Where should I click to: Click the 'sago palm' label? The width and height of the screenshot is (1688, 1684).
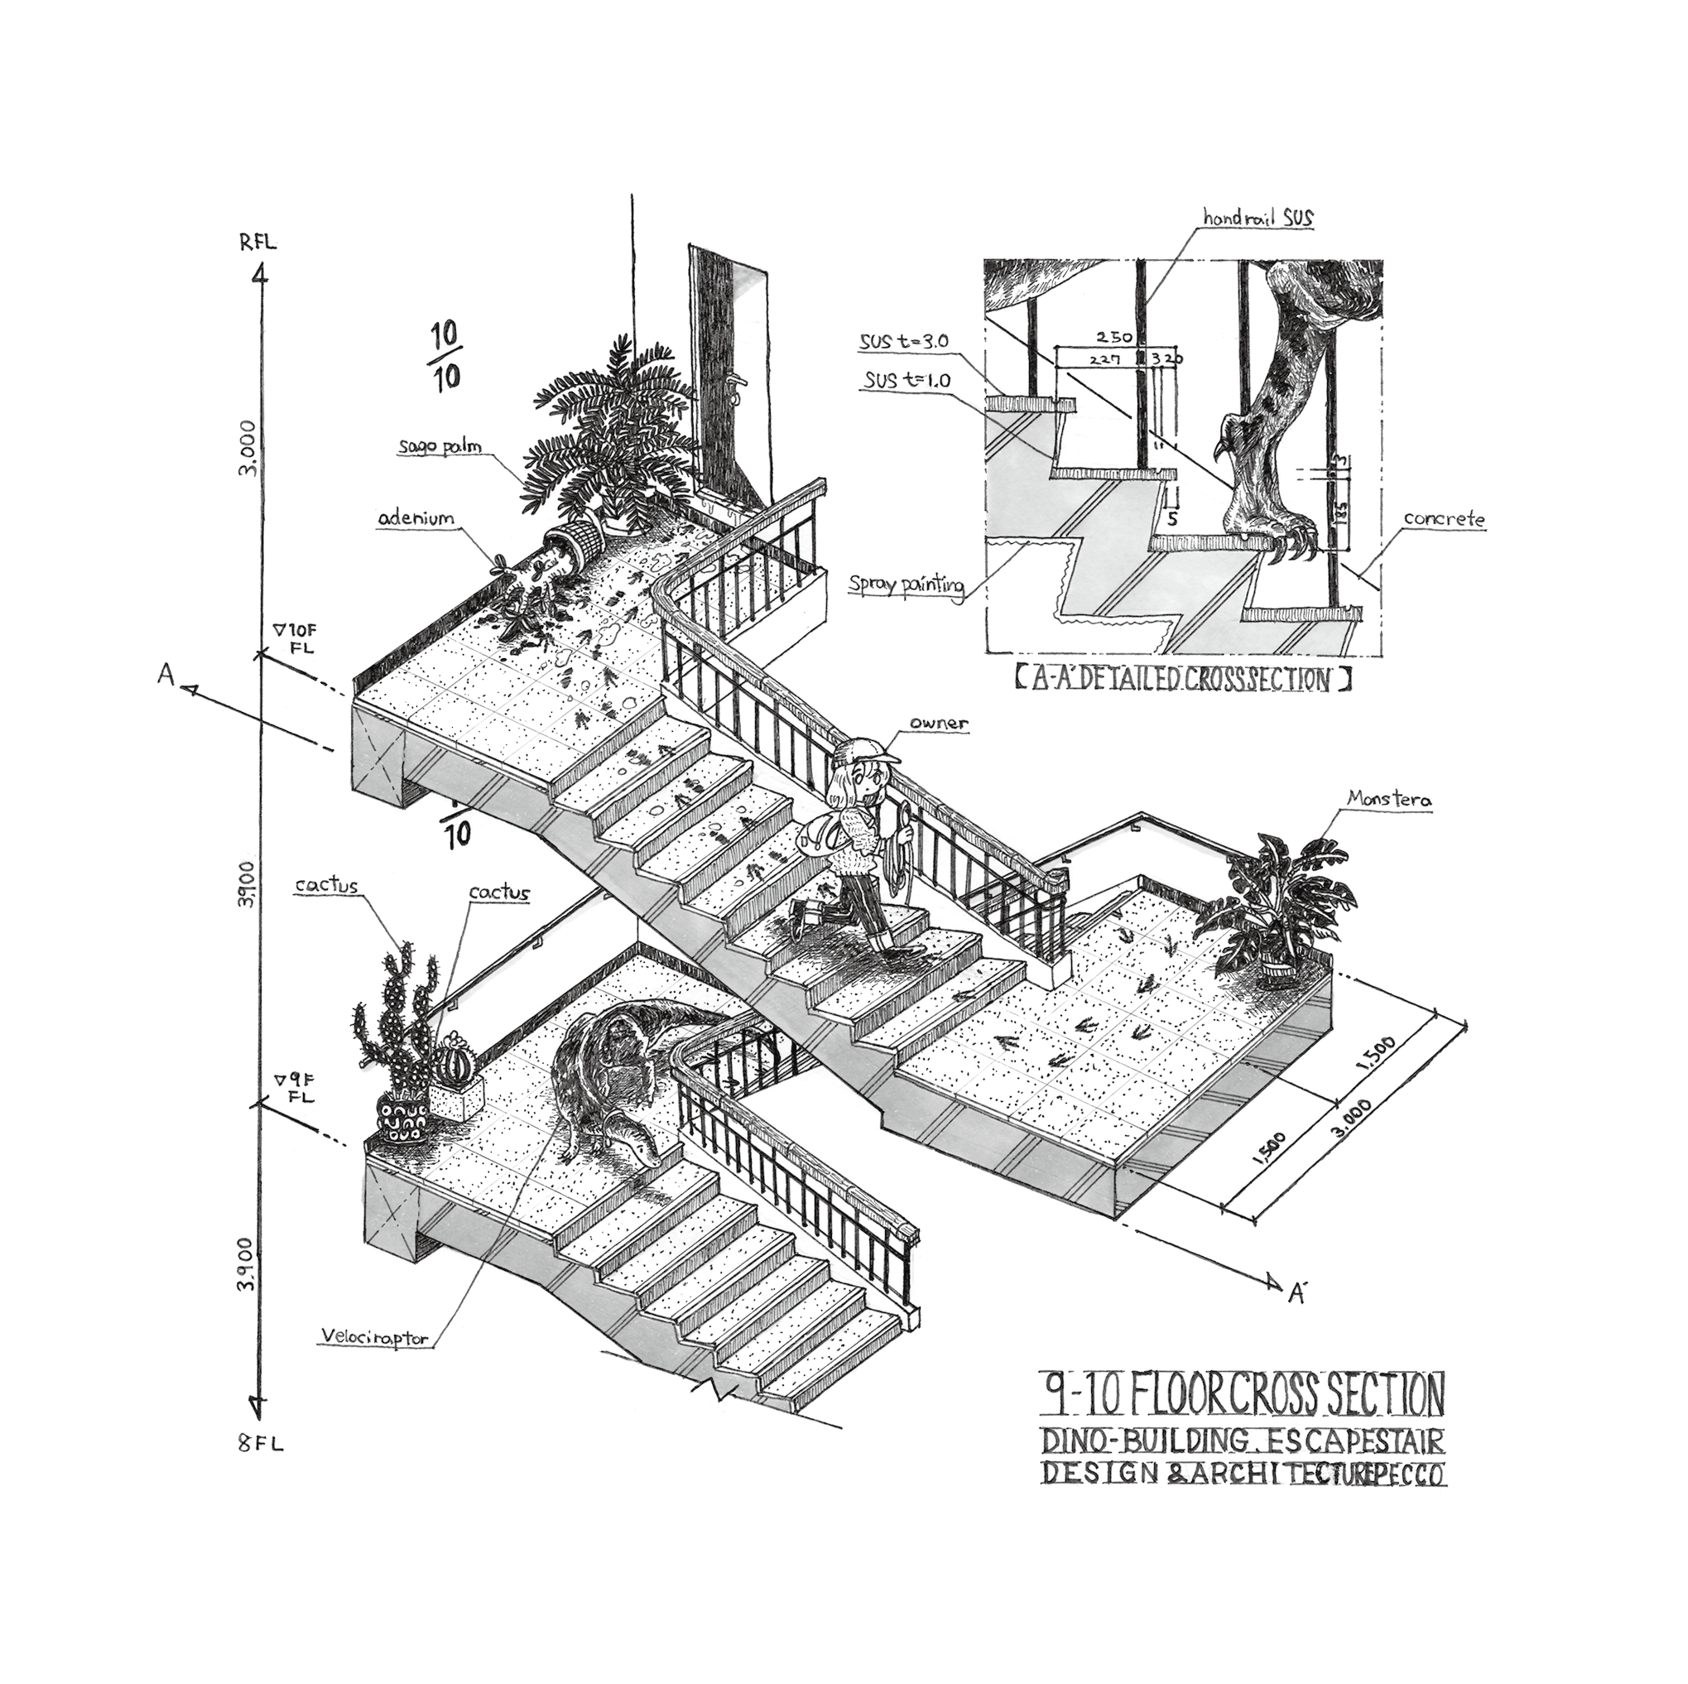(440, 447)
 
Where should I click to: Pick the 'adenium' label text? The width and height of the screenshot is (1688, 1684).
(416, 519)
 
